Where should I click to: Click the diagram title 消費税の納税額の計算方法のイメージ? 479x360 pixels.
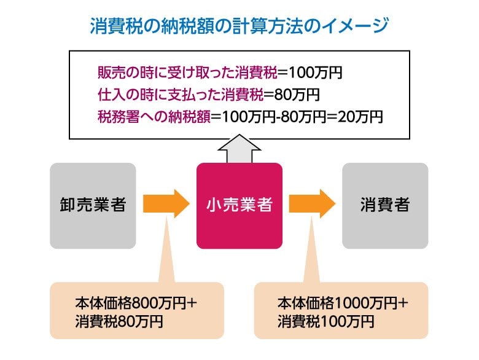[x=240, y=26]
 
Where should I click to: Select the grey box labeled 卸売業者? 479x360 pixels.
[x=93, y=205]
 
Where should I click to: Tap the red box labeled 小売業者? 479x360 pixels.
[x=239, y=205]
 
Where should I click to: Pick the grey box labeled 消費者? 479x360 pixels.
[x=384, y=205]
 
